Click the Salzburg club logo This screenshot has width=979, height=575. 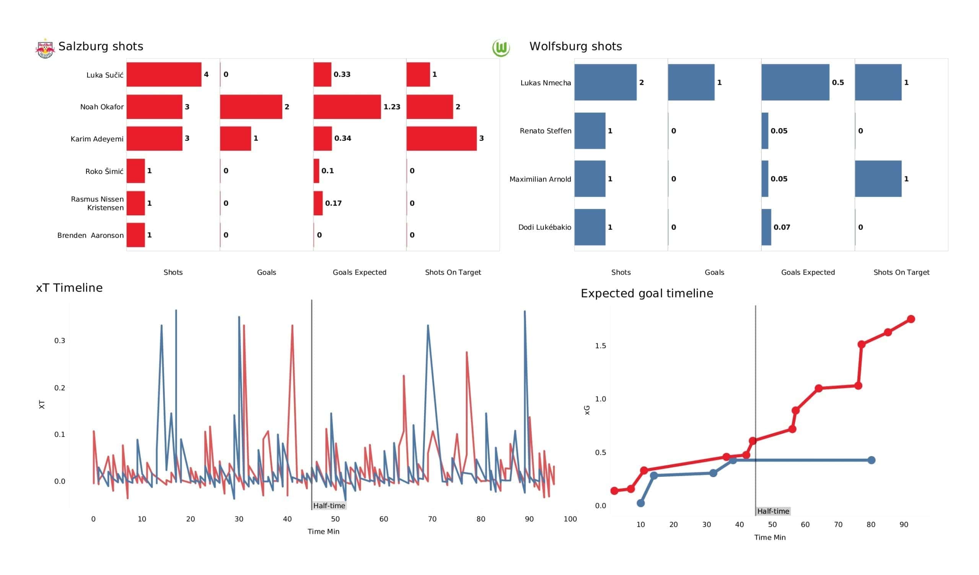45,49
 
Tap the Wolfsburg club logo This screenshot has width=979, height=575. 501,48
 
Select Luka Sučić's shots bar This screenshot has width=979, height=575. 164,74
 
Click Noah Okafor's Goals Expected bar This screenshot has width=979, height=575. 347,106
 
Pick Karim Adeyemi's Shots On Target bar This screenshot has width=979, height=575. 441,138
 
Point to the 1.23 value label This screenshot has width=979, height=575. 392,107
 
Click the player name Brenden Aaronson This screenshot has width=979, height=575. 90,235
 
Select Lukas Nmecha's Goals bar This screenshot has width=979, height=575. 691,82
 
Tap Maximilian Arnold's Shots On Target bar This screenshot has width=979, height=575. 878,179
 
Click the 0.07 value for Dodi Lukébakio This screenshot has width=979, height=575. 781,227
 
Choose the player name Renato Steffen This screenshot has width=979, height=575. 545,131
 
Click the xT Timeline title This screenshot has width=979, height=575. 69,287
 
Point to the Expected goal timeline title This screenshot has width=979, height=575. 646,293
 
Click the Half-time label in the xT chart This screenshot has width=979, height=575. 329,505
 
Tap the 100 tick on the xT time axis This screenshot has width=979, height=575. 570,519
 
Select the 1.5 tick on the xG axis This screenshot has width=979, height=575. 600,346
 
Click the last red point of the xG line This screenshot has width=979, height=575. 911,319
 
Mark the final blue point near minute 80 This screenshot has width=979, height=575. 872,460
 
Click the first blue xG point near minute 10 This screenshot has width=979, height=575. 641,503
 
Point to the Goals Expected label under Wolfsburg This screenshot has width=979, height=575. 808,272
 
